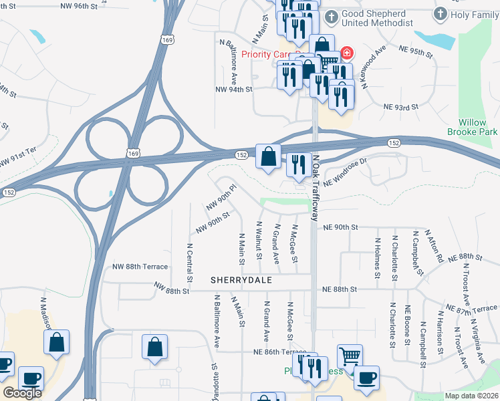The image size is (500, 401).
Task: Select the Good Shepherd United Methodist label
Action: pos(377,18)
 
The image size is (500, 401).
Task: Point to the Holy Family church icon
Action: pos(440,14)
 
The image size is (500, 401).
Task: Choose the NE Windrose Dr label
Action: pos(346,171)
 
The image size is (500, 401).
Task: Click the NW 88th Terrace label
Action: pos(140,267)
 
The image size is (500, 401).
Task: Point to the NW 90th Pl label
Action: pos(222,195)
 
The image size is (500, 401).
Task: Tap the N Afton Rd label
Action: pos(438,248)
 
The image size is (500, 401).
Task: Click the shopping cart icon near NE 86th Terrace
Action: pos(350,356)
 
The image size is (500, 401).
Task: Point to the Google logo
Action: pos(22,393)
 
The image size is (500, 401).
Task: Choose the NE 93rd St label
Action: pos(400,107)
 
